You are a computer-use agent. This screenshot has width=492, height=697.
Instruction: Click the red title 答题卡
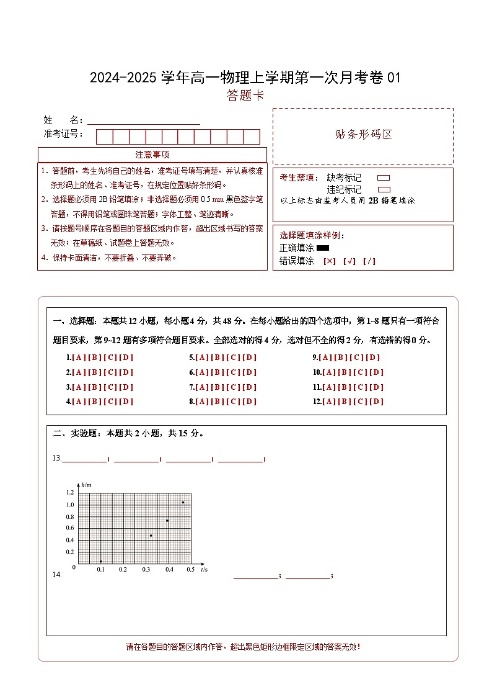[x=245, y=96]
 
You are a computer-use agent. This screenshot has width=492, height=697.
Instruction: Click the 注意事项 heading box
[x=152, y=155]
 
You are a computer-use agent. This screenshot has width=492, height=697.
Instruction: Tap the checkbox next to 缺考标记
[x=384, y=178]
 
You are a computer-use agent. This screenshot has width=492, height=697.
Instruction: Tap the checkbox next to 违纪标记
[x=384, y=189]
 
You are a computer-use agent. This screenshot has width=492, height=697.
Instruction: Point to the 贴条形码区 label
[x=363, y=135]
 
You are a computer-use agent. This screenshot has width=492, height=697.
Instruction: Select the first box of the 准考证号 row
[x=104, y=137]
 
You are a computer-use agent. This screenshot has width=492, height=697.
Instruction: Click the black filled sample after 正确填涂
[x=322, y=248]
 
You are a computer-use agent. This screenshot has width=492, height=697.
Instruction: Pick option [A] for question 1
[x=79, y=357]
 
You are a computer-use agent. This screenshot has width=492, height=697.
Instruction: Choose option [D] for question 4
[x=126, y=402]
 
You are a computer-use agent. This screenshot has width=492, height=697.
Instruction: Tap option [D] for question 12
[x=377, y=402]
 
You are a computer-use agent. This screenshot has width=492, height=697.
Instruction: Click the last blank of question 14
[x=308, y=575]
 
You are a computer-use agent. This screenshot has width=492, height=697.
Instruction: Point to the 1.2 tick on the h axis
[x=69, y=492]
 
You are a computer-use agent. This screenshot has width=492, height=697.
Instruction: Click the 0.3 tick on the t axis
[x=146, y=569]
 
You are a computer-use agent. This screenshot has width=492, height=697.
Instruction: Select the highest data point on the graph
[x=183, y=502]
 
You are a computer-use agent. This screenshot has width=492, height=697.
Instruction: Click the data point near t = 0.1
[x=100, y=561]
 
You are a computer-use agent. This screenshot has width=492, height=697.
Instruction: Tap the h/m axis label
[x=86, y=484]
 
